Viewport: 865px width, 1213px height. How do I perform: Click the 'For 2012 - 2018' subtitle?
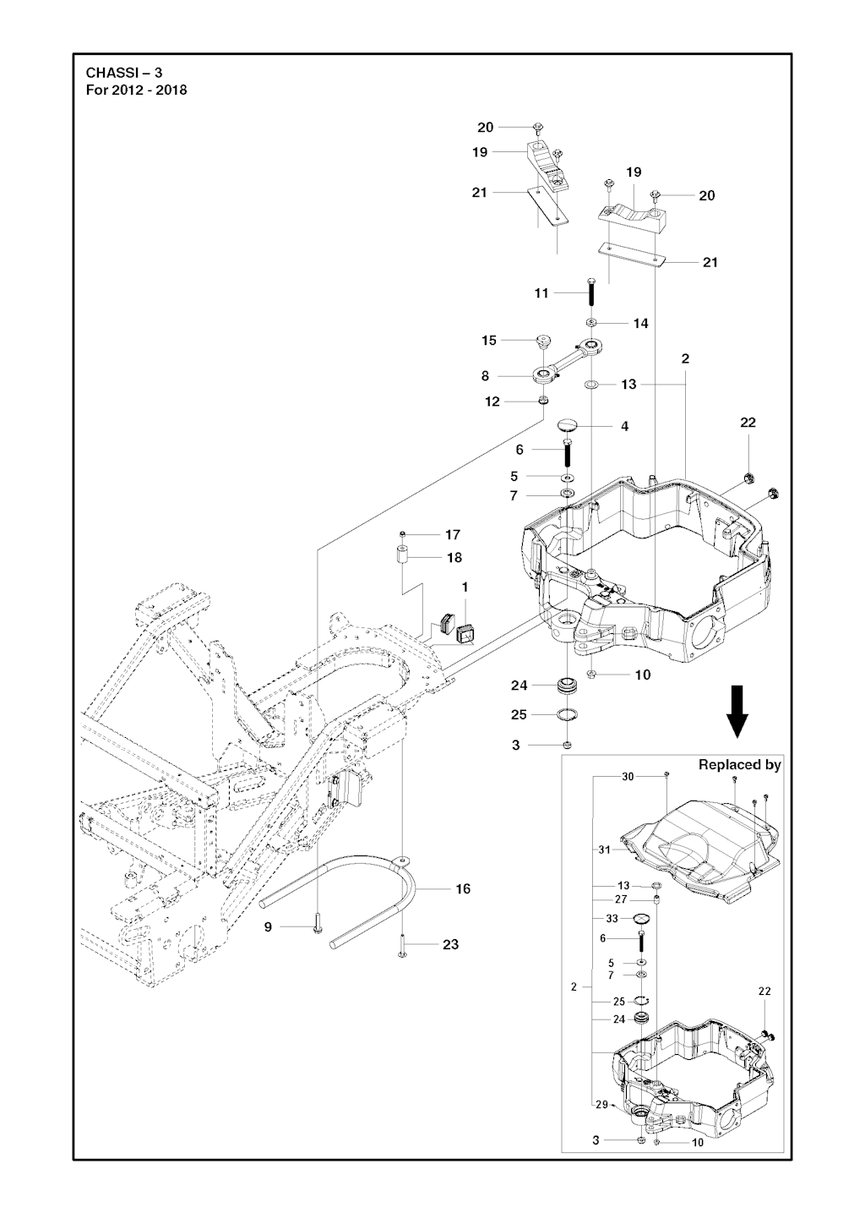[137, 90]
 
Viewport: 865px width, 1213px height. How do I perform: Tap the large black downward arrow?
[737, 712]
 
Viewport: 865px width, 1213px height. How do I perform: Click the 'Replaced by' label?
[739, 764]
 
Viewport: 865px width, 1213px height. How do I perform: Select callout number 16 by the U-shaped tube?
[463, 888]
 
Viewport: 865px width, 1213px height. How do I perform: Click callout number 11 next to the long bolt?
[541, 293]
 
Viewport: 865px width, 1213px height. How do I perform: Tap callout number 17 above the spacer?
[453, 534]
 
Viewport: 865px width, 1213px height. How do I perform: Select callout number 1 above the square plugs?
[464, 587]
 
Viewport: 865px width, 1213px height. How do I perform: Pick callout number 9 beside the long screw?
[268, 927]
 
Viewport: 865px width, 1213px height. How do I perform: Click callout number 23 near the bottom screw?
[451, 944]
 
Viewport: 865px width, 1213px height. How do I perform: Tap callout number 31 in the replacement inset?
[604, 850]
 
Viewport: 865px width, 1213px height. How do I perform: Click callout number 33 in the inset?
[612, 918]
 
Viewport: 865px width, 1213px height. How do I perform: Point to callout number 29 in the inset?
[601, 1104]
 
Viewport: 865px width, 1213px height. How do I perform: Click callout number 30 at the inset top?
[628, 776]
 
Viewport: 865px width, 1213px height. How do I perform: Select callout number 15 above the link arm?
[489, 340]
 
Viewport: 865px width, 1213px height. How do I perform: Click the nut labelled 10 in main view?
[592, 675]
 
